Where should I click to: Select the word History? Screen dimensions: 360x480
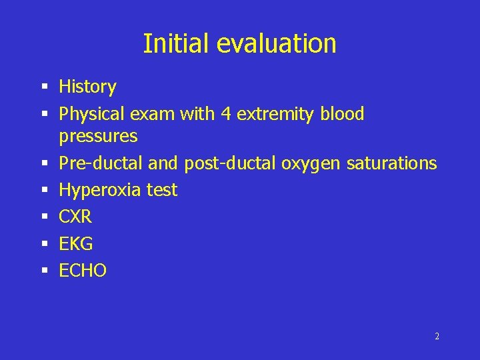click(87, 87)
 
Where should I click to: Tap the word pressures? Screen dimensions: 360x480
click(98, 137)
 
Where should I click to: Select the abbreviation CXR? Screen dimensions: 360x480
click(75, 217)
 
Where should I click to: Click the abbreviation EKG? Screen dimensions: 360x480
click(75, 244)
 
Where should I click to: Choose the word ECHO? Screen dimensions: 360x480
click(83, 271)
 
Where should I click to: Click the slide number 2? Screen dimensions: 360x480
click(437, 336)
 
